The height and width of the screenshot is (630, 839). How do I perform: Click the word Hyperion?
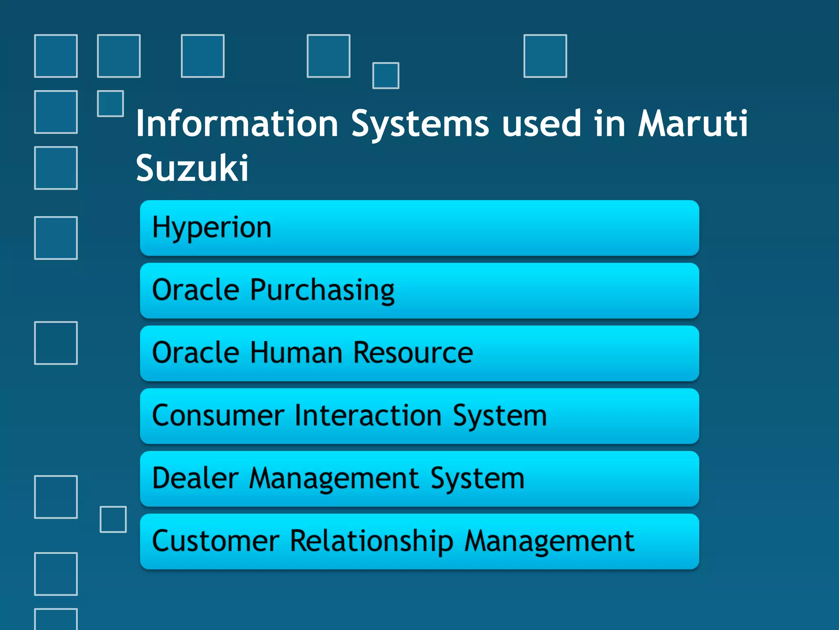[x=211, y=228]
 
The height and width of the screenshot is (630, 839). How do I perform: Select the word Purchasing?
[x=322, y=290]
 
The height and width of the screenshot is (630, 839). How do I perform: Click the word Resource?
[x=413, y=353]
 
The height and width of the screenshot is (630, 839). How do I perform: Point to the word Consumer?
[x=218, y=415]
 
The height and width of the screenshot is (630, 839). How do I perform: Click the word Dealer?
[x=195, y=478]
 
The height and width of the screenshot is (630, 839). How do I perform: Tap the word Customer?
[x=215, y=541]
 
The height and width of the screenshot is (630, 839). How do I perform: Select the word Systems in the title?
[x=420, y=124]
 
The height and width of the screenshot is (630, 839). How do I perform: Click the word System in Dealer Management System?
[x=477, y=478]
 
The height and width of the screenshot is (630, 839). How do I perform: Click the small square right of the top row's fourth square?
[x=385, y=75]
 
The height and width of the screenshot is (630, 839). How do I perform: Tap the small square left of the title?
[x=110, y=103]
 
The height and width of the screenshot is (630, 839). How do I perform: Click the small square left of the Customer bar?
[x=113, y=519]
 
